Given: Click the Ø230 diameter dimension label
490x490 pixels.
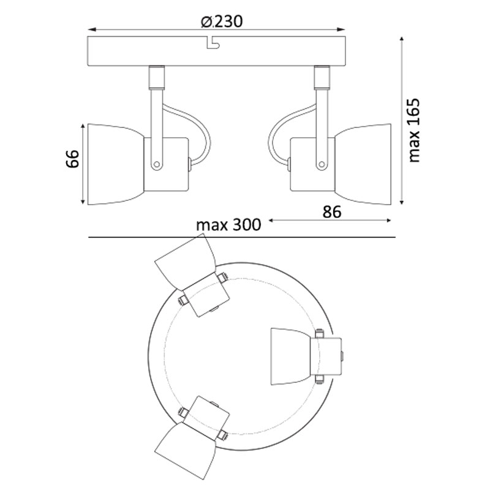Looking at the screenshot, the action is pyautogui.click(x=222, y=21).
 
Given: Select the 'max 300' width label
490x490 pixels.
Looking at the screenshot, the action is pyautogui.click(x=228, y=225).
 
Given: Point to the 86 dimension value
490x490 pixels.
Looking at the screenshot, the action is pyautogui.click(x=332, y=212).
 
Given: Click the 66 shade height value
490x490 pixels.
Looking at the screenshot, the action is pyautogui.click(x=73, y=159).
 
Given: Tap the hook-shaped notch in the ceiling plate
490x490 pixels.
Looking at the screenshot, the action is pyautogui.click(x=213, y=43).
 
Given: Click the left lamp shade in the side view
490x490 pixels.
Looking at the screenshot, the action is pyautogui.click(x=116, y=164).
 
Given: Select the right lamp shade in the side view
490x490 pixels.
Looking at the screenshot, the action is pyautogui.click(x=363, y=164).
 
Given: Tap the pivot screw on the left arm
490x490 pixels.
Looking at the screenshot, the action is pyautogui.click(x=157, y=164).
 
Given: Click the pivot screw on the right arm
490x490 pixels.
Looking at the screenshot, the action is pyautogui.click(x=322, y=164).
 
